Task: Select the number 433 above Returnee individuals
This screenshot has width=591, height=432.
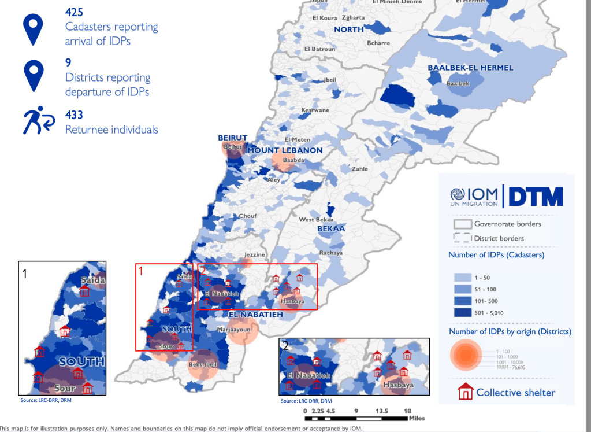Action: click(75, 113)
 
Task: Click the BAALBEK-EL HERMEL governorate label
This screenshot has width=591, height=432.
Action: click(470, 68)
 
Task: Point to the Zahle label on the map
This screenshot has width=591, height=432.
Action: click(360, 169)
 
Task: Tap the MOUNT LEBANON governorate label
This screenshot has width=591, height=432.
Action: click(285, 150)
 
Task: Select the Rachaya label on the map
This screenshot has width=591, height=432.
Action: click(330, 253)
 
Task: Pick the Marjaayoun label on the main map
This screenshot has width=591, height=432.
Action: click(233, 330)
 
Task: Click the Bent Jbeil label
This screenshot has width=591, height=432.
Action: click(203, 365)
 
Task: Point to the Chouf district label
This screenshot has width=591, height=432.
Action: click(248, 216)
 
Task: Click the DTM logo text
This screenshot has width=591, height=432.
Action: click(535, 195)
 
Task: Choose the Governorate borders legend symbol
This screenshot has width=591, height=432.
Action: click(462, 224)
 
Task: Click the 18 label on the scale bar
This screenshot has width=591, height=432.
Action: click(407, 411)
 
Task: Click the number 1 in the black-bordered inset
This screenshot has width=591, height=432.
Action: click(24, 272)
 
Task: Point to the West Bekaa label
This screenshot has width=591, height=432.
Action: click(314, 220)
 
